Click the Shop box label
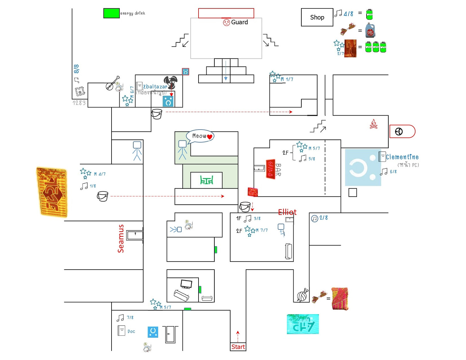(317, 17)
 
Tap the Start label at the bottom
(238, 347)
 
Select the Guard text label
(239, 22)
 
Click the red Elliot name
(287, 212)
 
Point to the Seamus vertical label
(121, 239)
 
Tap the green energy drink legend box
(111, 13)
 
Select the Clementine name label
(402, 157)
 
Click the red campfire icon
(373, 124)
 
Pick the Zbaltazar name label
(155, 87)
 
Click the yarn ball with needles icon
(302, 295)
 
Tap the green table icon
(207, 180)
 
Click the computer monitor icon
(186, 284)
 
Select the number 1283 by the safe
(79, 103)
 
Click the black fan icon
(171, 82)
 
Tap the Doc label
(131, 331)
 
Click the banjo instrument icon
(112, 83)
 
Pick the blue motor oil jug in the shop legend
(370, 30)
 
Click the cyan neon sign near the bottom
(303, 324)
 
